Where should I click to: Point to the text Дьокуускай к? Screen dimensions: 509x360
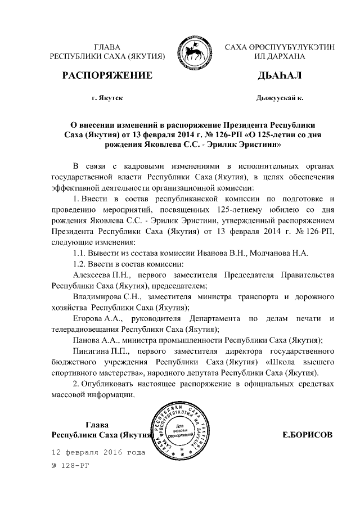(x=280, y=98)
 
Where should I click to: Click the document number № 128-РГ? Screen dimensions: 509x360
(x=70, y=466)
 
